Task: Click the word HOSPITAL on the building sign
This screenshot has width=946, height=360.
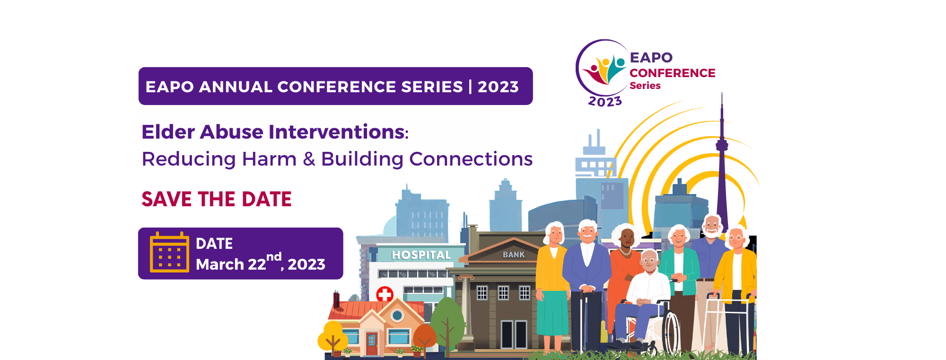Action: (x=421, y=255)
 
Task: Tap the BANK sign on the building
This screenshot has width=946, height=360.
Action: (x=514, y=255)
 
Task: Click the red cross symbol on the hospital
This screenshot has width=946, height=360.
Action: (x=385, y=295)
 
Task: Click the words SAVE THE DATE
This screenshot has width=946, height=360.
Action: (x=217, y=199)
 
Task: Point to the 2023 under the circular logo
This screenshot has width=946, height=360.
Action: (x=605, y=102)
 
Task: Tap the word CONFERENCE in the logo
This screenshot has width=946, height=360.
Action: (x=672, y=73)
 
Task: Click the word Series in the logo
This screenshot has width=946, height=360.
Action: (x=645, y=86)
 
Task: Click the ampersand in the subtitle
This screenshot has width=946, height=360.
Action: (x=309, y=159)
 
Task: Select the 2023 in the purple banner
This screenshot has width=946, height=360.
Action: (x=498, y=87)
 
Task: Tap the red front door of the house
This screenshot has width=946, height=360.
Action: (x=372, y=343)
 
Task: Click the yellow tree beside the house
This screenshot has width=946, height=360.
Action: (x=333, y=336)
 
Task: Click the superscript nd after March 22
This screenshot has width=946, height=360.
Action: (x=274, y=257)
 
